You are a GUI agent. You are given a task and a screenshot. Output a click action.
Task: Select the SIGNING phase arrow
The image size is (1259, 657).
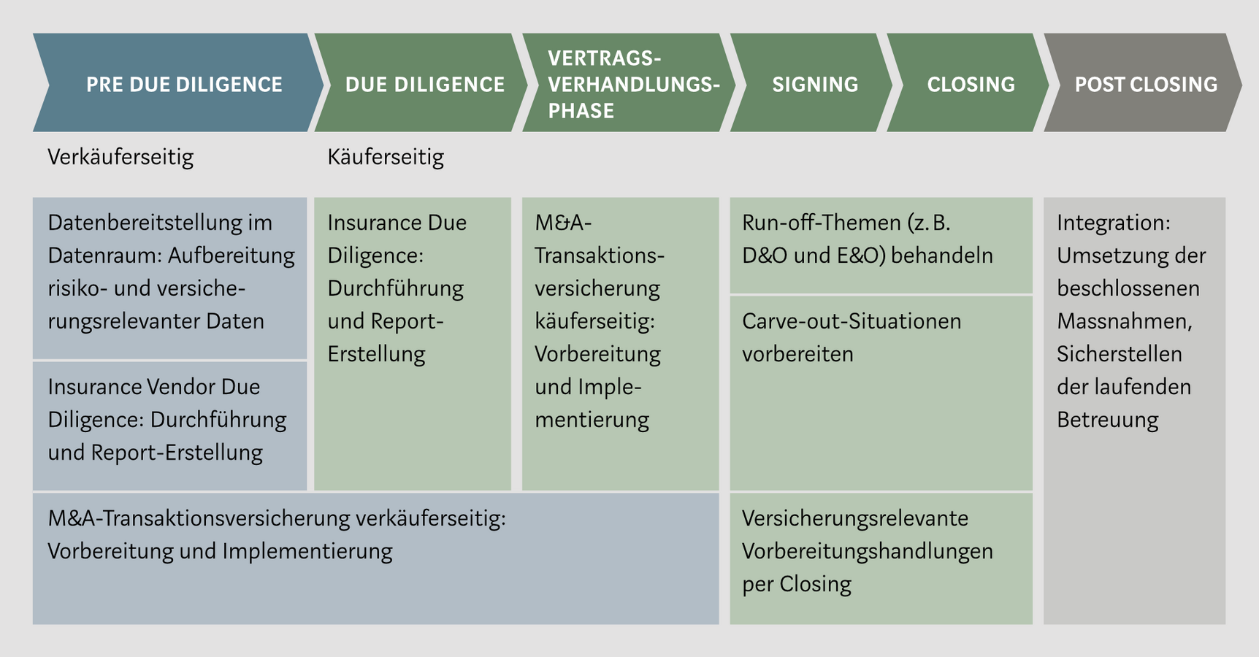814,83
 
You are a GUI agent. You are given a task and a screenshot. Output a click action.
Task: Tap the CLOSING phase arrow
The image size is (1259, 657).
971,83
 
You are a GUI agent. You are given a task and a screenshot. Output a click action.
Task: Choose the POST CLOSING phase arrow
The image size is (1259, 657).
1145,83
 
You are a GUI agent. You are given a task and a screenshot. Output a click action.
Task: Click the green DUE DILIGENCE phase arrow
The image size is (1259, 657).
424,83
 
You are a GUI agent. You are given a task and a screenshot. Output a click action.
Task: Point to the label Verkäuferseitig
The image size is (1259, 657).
120,157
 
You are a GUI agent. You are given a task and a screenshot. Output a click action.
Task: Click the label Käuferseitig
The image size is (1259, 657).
386,157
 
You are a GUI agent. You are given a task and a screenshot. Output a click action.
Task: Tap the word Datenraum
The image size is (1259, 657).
103,255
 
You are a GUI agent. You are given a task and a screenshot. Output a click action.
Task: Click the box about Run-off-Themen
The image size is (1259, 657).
881,245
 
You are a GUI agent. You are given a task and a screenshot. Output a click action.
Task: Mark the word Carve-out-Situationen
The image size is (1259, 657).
852,321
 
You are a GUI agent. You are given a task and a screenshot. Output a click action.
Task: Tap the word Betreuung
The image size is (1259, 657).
1108,420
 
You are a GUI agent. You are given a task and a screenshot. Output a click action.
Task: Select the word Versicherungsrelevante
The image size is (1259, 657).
855,518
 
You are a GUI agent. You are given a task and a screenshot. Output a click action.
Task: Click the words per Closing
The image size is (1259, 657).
797,584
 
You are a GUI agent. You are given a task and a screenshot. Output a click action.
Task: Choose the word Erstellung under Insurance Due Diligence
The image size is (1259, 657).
376,354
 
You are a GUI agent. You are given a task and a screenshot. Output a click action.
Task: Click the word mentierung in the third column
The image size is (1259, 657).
592,420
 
